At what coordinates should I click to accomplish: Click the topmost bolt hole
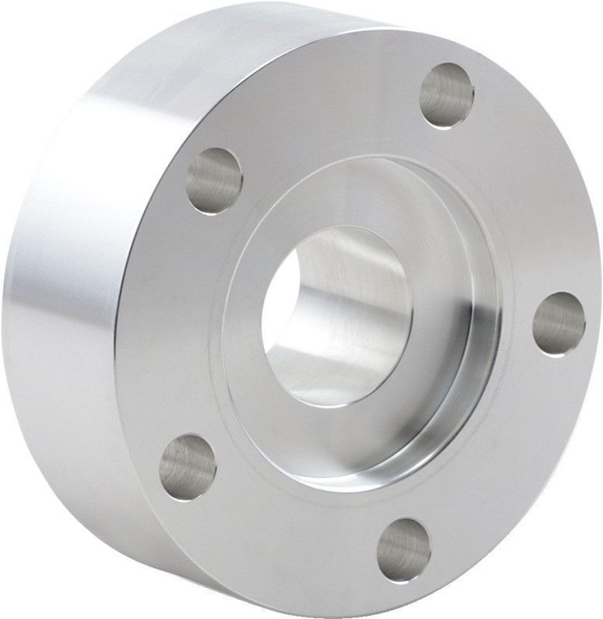pos(447,95)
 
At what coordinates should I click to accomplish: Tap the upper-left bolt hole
pos(214,180)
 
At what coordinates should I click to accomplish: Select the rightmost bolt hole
pos(559,323)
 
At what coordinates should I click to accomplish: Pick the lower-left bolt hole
pos(188,467)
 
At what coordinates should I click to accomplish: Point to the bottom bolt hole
pos(404,550)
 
